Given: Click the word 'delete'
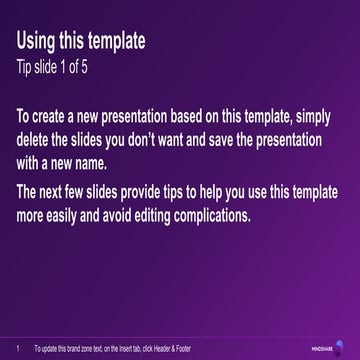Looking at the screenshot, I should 35,141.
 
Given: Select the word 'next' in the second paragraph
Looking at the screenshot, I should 57,192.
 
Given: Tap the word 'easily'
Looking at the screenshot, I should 78,215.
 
